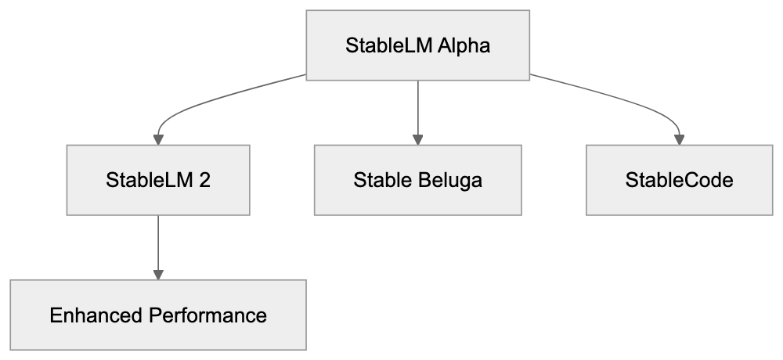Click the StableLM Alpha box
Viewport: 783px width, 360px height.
click(x=417, y=45)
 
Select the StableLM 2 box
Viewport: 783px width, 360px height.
click(x=158, y=181)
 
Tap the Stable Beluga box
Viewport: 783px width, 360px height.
click(x=417, y=181)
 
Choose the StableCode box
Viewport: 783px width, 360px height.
click(x=679, y=181)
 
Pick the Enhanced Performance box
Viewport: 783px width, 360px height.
click(x=158, y=316)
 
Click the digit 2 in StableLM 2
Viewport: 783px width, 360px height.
click(x=204, y=181)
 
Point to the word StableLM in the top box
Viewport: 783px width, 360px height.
click(x=385, y=45)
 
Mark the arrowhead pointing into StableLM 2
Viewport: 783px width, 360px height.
click(x=158, y=139)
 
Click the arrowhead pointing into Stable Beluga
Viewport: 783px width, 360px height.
click(x=417, y=139)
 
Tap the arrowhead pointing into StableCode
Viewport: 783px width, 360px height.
click(x=679, y=139)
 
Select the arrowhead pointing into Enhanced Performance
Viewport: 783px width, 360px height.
click(x=158, y=275)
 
